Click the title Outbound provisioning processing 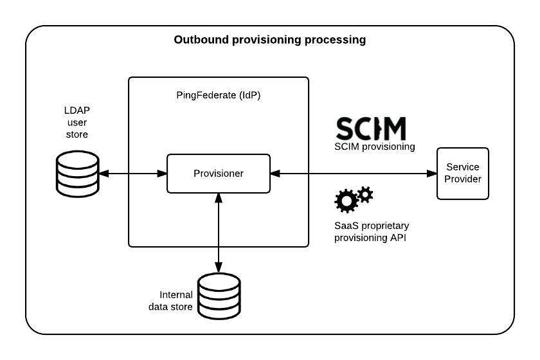270,40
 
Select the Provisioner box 219,173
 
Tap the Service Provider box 463,173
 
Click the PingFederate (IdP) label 219,95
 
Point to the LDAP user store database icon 76,174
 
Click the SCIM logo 372,129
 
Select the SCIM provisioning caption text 375,147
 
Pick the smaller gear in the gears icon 365,194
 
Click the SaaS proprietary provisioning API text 372,232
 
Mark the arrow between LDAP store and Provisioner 132,173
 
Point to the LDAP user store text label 76,122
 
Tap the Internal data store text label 171,301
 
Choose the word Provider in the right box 463,179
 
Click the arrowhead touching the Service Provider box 432,173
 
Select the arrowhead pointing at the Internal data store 219,268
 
